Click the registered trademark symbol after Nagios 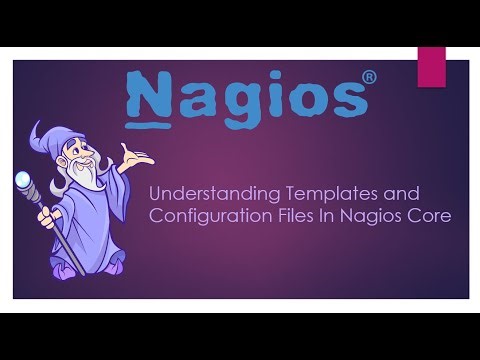[x=369, y=76]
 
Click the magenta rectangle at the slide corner [x=432, y=66]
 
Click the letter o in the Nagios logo [x=304, y=98]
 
